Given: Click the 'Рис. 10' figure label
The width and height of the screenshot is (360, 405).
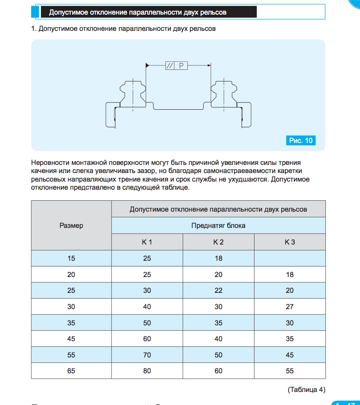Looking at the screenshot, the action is (x=301, y=141).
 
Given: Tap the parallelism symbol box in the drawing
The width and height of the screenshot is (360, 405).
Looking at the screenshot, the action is (x=170, y=66).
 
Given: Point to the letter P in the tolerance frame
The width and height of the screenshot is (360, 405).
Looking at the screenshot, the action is (x=181, y=66).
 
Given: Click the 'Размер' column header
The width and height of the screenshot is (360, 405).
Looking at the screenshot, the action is (x=71, y=225).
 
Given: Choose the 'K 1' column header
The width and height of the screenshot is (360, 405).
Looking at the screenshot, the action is (x=147, y=242).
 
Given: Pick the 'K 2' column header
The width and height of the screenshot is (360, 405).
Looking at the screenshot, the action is (x=218, y=242).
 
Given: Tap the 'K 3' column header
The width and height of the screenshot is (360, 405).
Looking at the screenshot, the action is (x=290, y=242).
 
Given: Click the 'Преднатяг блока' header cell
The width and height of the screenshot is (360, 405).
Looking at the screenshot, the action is (x=218, y=225).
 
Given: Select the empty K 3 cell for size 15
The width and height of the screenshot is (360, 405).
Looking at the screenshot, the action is (x=290, y=258).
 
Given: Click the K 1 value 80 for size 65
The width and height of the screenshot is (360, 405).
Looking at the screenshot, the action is (x=147, y=371).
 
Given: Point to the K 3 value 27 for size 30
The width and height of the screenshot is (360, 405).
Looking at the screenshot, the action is (x=290, y=307).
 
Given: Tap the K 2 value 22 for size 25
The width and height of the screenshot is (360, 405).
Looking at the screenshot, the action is (x=218, y=290).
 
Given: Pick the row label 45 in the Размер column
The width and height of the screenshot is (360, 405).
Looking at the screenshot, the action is (x=71, y=339).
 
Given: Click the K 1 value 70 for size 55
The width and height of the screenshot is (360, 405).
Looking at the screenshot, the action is (x=147, y=355).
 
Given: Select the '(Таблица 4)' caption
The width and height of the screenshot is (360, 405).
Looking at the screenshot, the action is (x=306, y=390).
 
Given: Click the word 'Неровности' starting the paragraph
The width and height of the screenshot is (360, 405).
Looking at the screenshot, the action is (x=50, y=163).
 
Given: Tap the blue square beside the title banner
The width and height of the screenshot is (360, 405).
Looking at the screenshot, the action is (x=35, y=12).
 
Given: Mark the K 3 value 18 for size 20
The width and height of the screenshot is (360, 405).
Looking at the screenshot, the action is (x=290, y=275).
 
